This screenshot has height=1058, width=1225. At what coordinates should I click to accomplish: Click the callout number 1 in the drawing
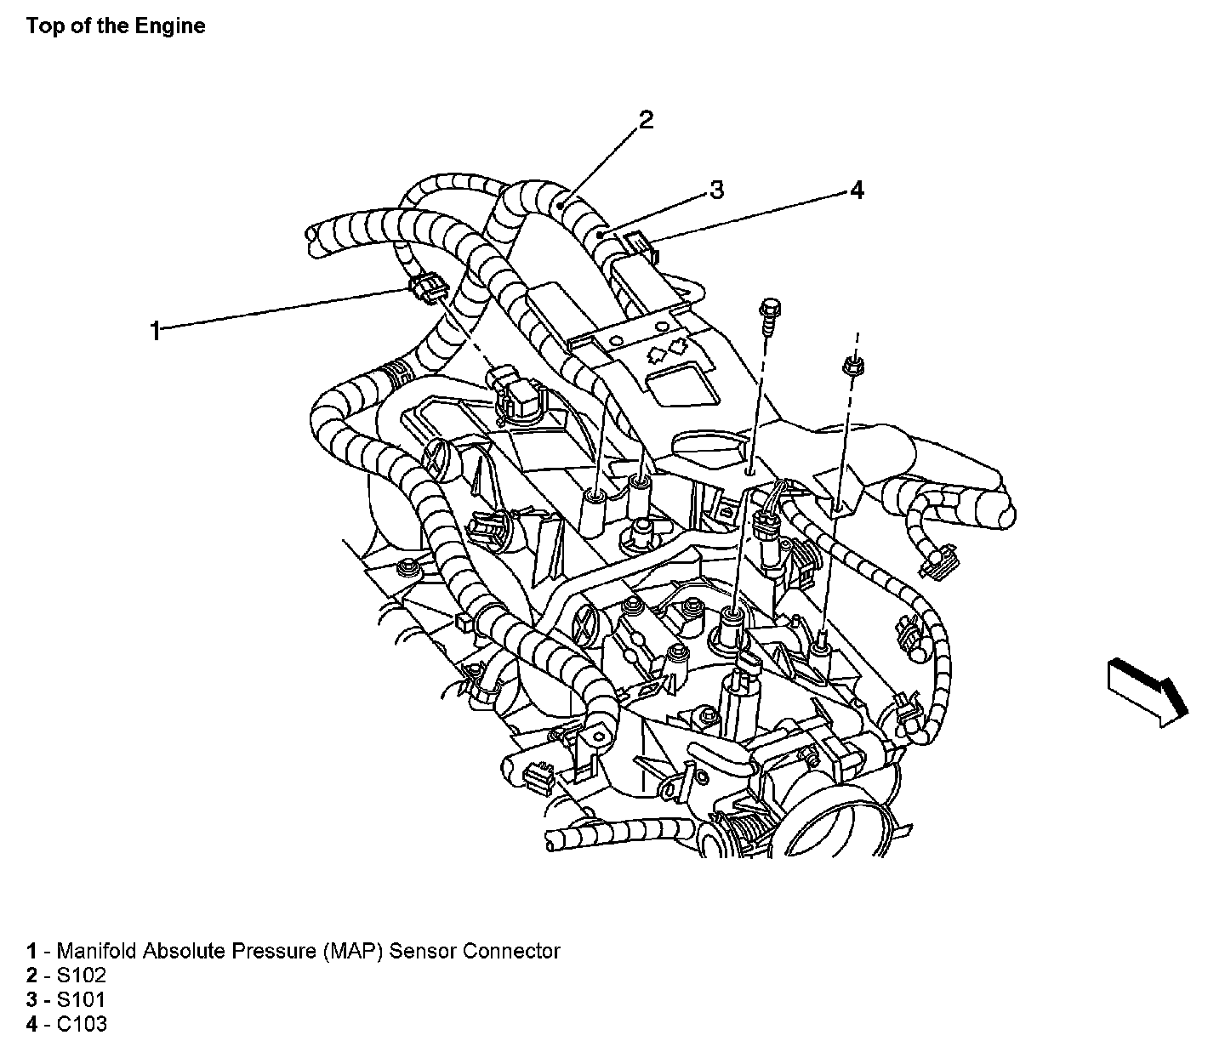155,330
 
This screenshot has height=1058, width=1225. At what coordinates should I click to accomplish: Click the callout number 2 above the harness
646,120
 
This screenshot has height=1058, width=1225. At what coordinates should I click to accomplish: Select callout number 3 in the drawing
716,190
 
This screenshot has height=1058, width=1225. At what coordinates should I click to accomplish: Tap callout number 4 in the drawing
857,191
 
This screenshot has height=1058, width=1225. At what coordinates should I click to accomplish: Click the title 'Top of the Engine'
116,26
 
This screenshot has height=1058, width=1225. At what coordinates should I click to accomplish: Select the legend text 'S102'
82,976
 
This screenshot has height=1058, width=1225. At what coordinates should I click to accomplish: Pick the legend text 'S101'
82,1000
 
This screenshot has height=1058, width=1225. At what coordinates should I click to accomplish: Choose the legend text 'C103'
83,1024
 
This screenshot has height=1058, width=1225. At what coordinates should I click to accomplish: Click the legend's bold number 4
31,1024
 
